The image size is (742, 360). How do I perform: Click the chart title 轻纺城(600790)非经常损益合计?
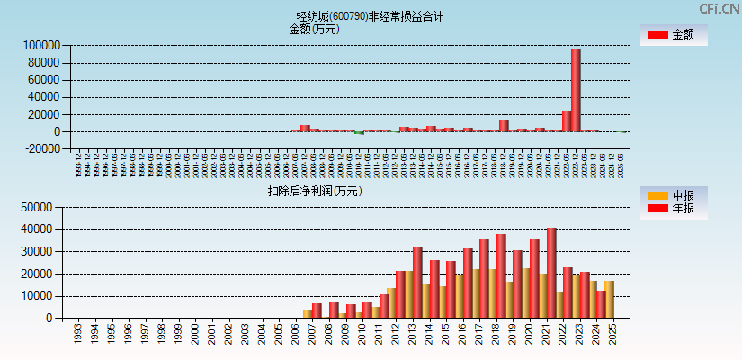point(370,16)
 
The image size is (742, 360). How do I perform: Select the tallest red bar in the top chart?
point(576,90)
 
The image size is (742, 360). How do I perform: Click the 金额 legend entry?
point(674,35)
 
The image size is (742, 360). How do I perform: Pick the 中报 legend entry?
point(674,195)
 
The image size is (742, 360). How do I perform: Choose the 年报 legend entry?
point(674,209)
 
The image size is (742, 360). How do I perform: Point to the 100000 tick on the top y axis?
point(41,45)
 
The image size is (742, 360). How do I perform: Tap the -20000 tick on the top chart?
point(41,149)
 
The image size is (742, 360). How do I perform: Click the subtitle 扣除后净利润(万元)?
point(314,191)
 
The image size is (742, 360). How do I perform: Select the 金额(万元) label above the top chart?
point(314,29)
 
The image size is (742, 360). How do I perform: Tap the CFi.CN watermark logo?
point(720,8)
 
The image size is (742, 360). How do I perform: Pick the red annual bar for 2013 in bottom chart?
point(417,282)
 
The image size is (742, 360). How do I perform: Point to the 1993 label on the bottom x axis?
point(79,335)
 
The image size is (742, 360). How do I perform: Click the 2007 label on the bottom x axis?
point(311,335)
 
